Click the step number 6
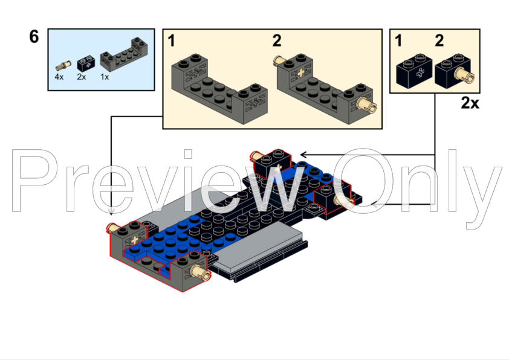point(34,37)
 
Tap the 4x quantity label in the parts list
point(59,77)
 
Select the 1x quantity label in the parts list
point(105,77)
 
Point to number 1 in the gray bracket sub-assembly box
point(172,41)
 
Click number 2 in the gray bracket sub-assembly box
point(277,41)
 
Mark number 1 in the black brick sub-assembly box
point(398,41)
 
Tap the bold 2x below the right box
point(470,103)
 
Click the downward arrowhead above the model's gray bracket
point(111,212)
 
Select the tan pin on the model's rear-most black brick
point(255,155)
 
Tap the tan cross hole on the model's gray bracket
point(134,239)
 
